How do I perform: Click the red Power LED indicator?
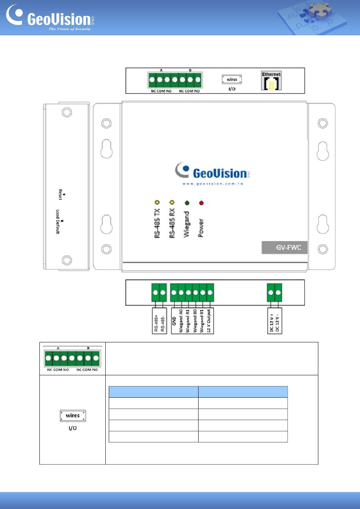pos(201,203)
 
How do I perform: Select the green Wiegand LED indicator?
pos(187,203)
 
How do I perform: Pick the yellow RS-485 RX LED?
pos(172,203)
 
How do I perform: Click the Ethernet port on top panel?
pos(271,81)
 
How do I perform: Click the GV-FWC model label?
pos(284,248)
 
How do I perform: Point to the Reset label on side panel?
pos(60,194)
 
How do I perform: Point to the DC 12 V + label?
pos(271,323)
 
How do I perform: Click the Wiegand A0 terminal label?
pos(181,321)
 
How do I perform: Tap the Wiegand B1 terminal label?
pos(202,321)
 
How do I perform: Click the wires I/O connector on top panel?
pos(232,80)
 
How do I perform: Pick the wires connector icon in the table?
pos(73,415)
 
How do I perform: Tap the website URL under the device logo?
pos(212,184)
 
